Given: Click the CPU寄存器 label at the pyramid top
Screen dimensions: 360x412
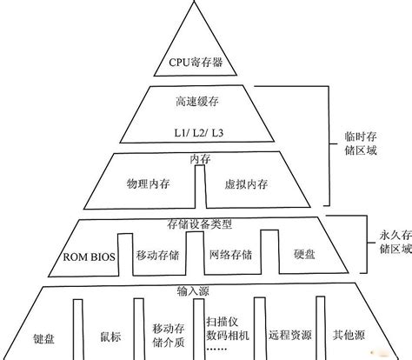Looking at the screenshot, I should (x=195, y=63).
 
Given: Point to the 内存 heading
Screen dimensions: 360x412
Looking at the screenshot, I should (x=200, y=158).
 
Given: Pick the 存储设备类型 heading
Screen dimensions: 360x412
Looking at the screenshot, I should (x=201, y=223).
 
